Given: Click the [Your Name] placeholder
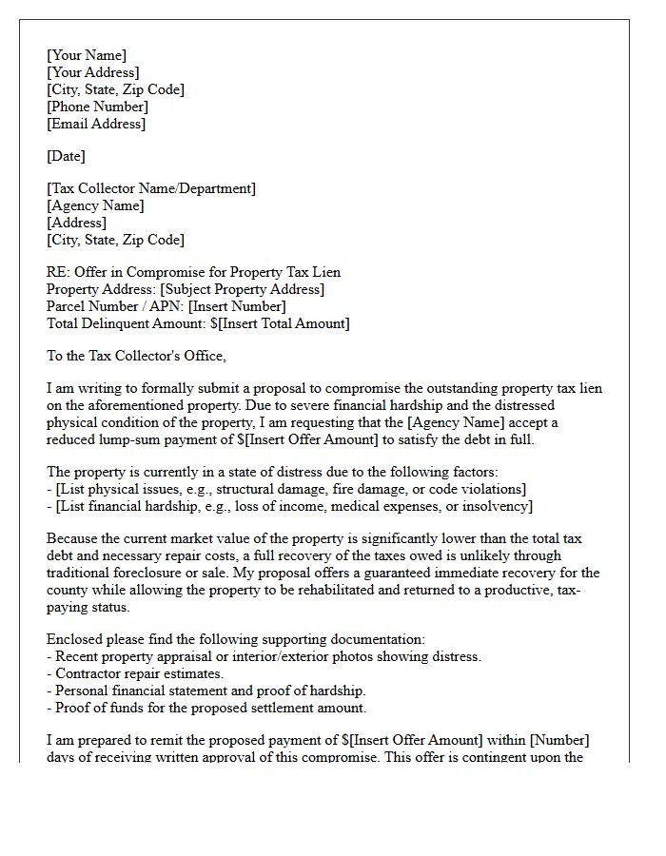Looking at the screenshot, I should [87, 55].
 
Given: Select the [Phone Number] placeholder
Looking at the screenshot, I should [97, 107].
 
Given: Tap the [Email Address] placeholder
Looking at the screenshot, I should [96, 124].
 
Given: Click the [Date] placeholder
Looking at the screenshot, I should [66, 156].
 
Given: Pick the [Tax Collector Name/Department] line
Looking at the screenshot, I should [151, 188].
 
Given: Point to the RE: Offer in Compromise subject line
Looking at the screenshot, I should [193, 272].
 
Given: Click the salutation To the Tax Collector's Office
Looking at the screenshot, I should [137, 356].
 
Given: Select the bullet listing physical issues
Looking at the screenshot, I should [285, 489].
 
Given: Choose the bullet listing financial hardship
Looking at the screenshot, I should [289, 506].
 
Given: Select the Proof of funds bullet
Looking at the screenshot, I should [206, 708].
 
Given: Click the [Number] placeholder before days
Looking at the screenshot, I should [571, 740].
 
